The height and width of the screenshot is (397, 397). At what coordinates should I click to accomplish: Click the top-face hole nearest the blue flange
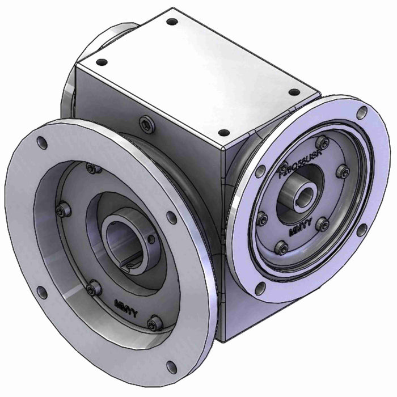[293, 92]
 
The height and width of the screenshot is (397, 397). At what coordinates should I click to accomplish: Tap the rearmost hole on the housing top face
[172, 23]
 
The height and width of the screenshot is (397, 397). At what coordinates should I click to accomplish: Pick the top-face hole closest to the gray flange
[102, 62]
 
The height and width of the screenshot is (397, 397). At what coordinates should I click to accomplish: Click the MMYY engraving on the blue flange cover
[299, 231]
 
